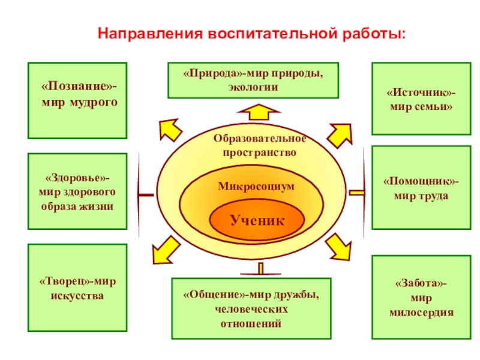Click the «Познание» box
(77, 100)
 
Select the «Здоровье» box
(77, 191)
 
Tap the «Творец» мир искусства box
(77, 287)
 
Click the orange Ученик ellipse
(256, 221)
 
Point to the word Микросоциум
(256, 187)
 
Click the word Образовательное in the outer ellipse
(259, 139)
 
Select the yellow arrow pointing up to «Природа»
(257, 112)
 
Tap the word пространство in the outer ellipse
(259, 152)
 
